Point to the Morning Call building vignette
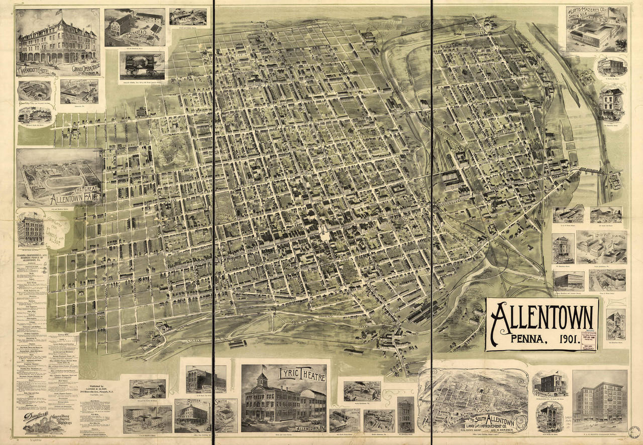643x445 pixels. [550, 384]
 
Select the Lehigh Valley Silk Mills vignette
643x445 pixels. [601, 247]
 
